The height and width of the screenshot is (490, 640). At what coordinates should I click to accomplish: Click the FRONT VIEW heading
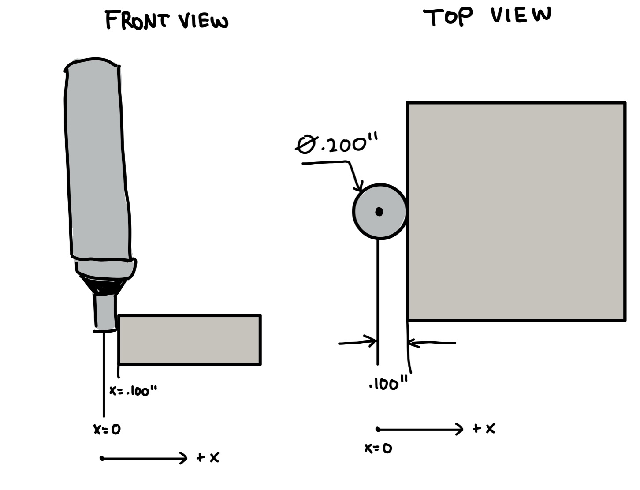click(167, 20)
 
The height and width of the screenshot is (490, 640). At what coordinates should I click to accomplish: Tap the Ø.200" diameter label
click(336, 143)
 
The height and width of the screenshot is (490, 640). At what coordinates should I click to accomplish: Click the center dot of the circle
click(379, 212)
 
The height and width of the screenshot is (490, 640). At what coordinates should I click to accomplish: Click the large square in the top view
click(516, 211)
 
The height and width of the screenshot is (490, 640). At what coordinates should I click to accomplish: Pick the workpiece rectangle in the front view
click(190, 340)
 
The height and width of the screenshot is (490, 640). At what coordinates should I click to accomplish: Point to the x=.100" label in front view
click(133, 390)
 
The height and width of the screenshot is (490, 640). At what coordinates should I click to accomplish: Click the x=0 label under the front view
click(107, 429)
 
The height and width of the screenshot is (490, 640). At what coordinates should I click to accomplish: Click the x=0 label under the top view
click(378, 448)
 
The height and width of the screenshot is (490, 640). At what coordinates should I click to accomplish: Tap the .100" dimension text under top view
click(388, 383)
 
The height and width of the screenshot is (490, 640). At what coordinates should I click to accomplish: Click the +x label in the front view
click(208, 457)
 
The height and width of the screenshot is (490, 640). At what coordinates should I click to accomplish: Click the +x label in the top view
click(484, 428)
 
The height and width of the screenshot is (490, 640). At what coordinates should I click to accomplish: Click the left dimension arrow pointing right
click(357, 342)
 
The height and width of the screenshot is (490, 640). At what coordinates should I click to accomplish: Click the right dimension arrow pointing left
click(432, 343)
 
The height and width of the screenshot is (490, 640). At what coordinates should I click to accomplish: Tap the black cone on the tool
click(103, 286)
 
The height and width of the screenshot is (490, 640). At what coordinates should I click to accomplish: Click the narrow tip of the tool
click(105, 312)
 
